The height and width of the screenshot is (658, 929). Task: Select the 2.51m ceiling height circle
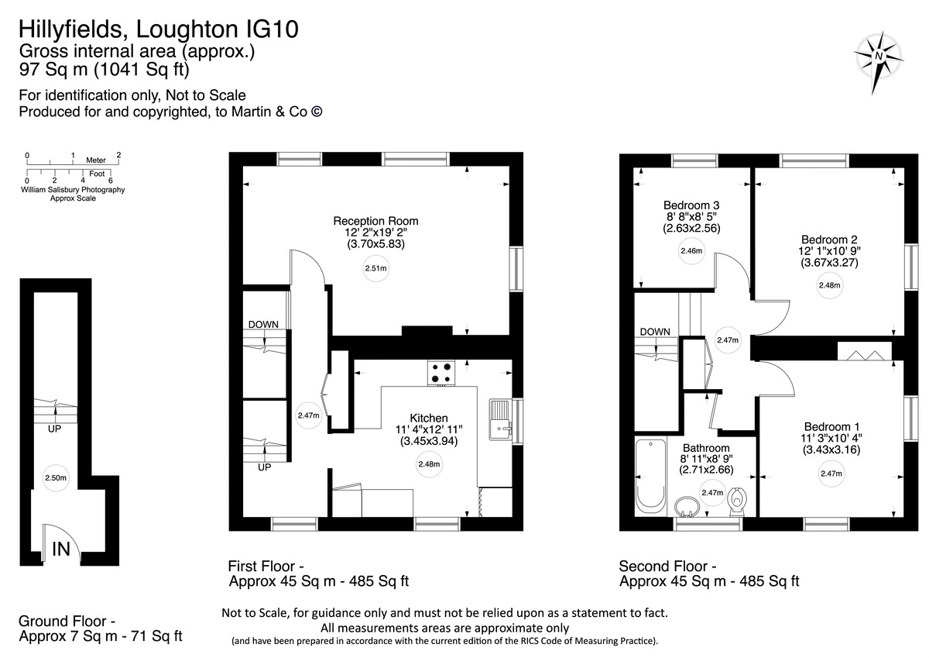pos(375,269)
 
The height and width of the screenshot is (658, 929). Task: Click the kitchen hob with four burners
pos(442,374)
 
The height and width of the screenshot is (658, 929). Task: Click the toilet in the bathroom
pos(738,501)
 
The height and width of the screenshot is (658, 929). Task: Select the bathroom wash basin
pos(686,507)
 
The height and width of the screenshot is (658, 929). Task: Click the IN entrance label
pos(61,549)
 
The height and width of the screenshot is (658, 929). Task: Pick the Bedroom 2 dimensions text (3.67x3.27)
pos(829,263)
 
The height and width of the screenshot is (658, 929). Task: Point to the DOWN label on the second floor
pos(655,332)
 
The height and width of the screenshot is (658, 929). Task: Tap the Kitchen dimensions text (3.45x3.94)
pos(430,442)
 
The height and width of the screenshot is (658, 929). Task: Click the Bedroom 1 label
pos(831,426)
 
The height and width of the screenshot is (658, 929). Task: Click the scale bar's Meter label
pos(95,160)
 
